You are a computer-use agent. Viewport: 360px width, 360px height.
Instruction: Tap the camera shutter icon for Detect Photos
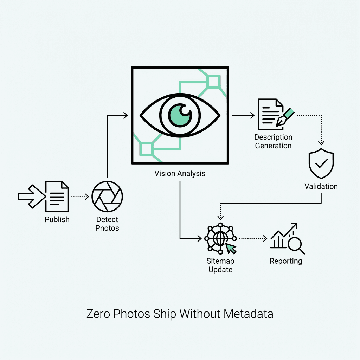107,197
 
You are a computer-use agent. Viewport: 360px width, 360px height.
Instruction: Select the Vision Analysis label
180,173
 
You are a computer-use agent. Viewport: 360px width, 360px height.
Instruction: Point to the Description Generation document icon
270,114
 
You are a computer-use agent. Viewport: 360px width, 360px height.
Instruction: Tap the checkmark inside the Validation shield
321,163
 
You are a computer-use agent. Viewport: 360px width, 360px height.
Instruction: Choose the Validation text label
321,186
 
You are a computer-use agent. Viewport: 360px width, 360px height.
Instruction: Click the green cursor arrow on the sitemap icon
231,248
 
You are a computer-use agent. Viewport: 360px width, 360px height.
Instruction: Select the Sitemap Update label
220,265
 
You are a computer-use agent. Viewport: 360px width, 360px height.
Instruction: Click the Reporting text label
286,261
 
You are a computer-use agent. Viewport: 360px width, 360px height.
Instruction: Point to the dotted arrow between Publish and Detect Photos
80,197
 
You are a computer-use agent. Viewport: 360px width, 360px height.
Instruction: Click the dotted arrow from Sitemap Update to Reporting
253,238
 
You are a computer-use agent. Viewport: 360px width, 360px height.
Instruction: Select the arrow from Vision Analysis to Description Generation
243,115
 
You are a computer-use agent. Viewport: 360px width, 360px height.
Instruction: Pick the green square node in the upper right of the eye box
213,82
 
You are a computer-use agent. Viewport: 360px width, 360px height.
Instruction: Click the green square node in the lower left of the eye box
146,149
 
